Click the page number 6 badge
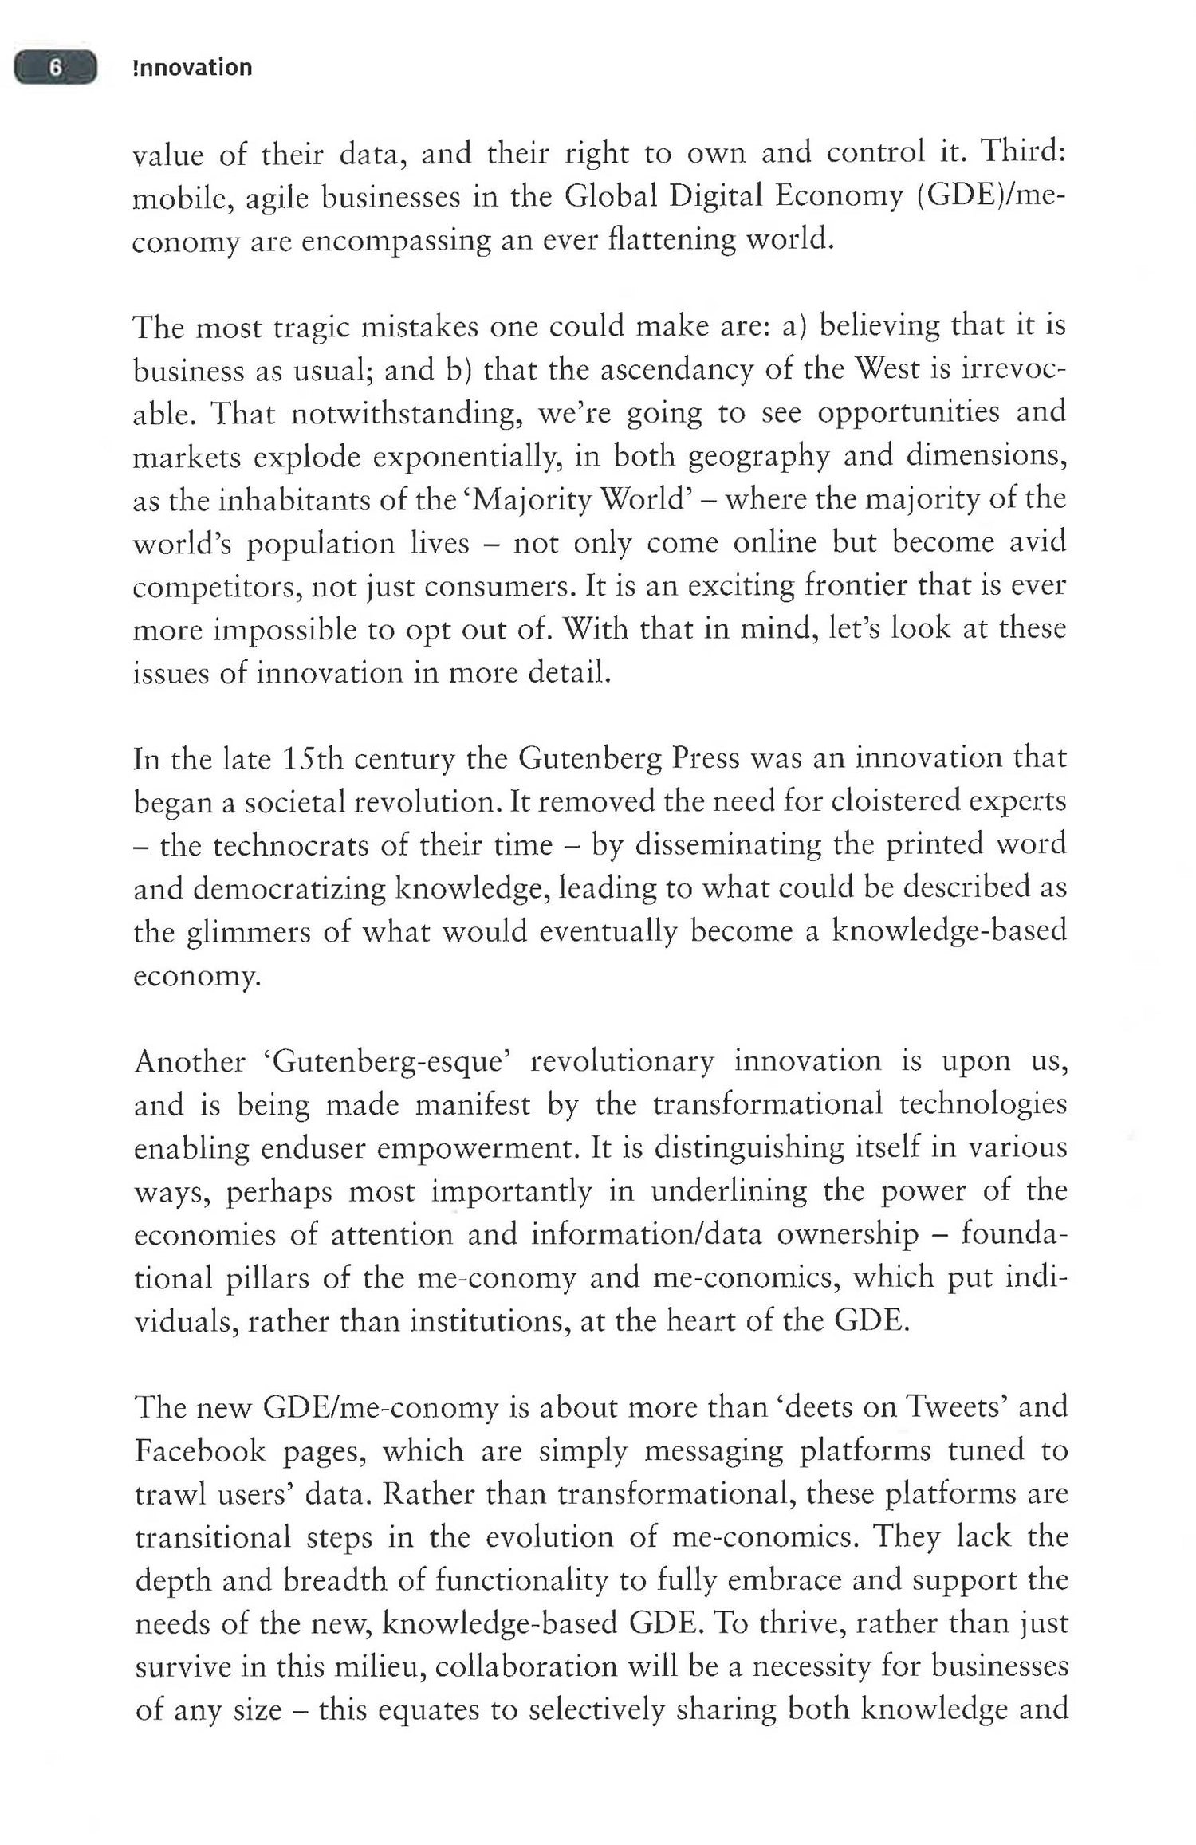55,68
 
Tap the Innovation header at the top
192,68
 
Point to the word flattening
672,239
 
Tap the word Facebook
199,1450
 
